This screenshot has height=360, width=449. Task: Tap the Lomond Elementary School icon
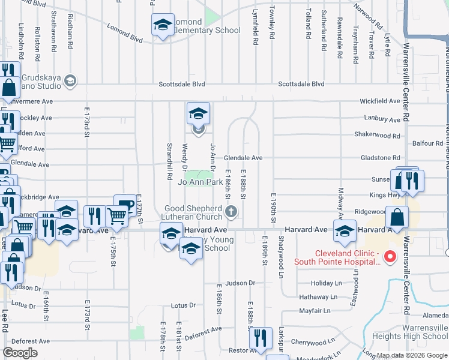(163, 25)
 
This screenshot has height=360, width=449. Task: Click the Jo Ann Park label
(200, 181)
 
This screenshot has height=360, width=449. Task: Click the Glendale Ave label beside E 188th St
(243, 158)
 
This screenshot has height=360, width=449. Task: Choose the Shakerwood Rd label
(377, 135)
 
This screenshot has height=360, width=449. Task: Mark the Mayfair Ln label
(315, 311)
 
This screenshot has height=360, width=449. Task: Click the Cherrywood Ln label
(313, 341)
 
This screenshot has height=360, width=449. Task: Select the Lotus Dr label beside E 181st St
(183, 305)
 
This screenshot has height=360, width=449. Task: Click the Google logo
(20, 353)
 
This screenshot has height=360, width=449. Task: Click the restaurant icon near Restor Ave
(259, 337)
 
